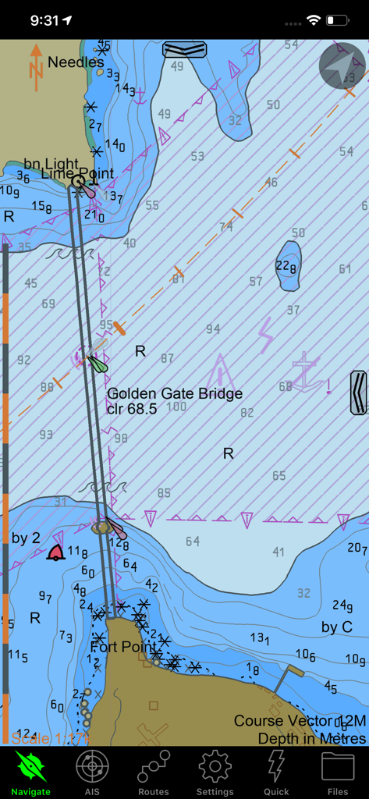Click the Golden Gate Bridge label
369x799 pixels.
point(175,394)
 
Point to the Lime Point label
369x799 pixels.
point(77,174)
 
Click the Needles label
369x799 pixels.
point(76,62)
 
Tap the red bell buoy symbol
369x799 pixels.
point(55,552)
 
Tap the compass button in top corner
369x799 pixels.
point(342,66)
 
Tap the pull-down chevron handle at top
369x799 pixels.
point(185,50)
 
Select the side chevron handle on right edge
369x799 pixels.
point(359,392)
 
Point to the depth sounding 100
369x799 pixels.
point(177,407)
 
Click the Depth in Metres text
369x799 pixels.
point(311,738)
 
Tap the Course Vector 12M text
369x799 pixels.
point(300,721)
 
